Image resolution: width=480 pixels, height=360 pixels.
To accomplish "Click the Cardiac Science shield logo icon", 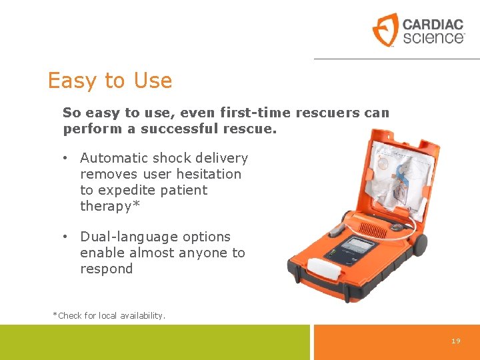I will [385, 29].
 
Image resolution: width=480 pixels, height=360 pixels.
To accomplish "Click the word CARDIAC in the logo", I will [433, 25].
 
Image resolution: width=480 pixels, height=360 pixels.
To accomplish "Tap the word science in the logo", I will [433, 37].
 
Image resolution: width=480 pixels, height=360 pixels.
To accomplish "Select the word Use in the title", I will [153, 81].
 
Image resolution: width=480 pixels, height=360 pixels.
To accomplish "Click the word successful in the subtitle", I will [176, 129].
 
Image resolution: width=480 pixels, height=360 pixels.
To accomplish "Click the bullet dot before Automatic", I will [66, 159].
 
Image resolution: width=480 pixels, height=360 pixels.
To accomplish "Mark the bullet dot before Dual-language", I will [66, 237].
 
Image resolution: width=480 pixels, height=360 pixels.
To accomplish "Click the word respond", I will [106, 269].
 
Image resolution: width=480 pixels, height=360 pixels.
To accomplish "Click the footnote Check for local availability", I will [109, 315].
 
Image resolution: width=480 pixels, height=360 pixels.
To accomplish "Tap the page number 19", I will [456, 341].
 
